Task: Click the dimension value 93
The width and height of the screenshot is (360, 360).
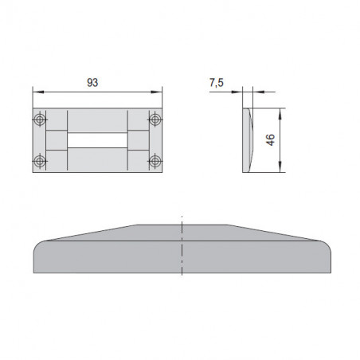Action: pyautogui.click(x=92, y=83)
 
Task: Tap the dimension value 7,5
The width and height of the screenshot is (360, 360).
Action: pyautogui.click(x=217, y=83)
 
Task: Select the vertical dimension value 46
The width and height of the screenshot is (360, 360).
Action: pyautogui.click(x=270, y=139)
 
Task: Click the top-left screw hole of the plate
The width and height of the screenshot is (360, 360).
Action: pyautogui.click(x=40, y=119)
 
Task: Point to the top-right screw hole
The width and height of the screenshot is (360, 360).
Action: pyautogui.click(x=155, y=119)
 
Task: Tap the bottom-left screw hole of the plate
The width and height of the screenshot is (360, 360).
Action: pyautogui.click(x=40, y=161)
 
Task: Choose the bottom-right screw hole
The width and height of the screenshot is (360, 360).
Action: pyautogui.click(x=155, y=161)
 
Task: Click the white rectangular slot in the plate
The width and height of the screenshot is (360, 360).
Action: pyautogui.click(x=97, y=140)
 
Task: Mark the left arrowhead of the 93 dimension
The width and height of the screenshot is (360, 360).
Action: pyautogui.click(x=38, y=92)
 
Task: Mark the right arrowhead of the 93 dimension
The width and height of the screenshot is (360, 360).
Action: pyautogui.click(x=157, y=92)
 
